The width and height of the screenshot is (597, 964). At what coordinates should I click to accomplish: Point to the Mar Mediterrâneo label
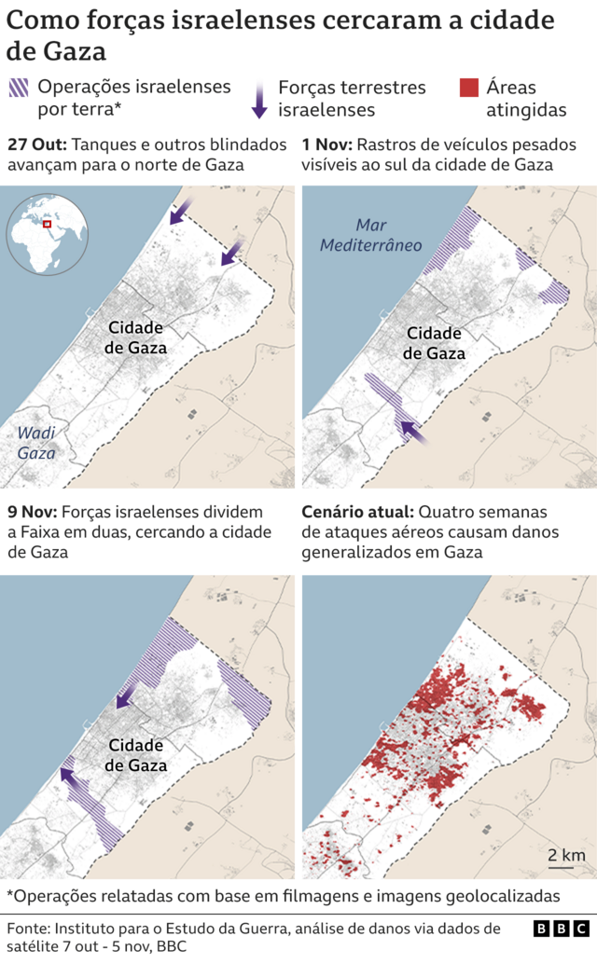pyautogui.click(x=370, y=235)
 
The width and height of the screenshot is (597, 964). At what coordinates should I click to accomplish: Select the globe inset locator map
pyautogui.click(x=46, y=233)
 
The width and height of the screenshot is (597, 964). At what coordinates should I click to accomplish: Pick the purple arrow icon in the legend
pyautogui.click(x=259, y=97)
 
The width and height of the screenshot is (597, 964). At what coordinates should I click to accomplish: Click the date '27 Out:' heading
pyautogui.click(x=35, y=145)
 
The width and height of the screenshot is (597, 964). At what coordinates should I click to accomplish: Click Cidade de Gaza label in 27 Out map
pyautogui.click(x=136, y=337)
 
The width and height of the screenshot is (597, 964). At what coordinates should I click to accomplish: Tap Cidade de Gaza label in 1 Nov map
pyautogui.click(x=434, y=343)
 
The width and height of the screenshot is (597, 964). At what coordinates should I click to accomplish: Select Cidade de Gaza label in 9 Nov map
pyautogui.click(x=136, y=755)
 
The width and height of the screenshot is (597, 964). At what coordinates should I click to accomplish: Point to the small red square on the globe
pyautogui.click(x=43, y=224)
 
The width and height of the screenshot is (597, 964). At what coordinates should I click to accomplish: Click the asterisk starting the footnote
pyautogui.click(x=10, y=895)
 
